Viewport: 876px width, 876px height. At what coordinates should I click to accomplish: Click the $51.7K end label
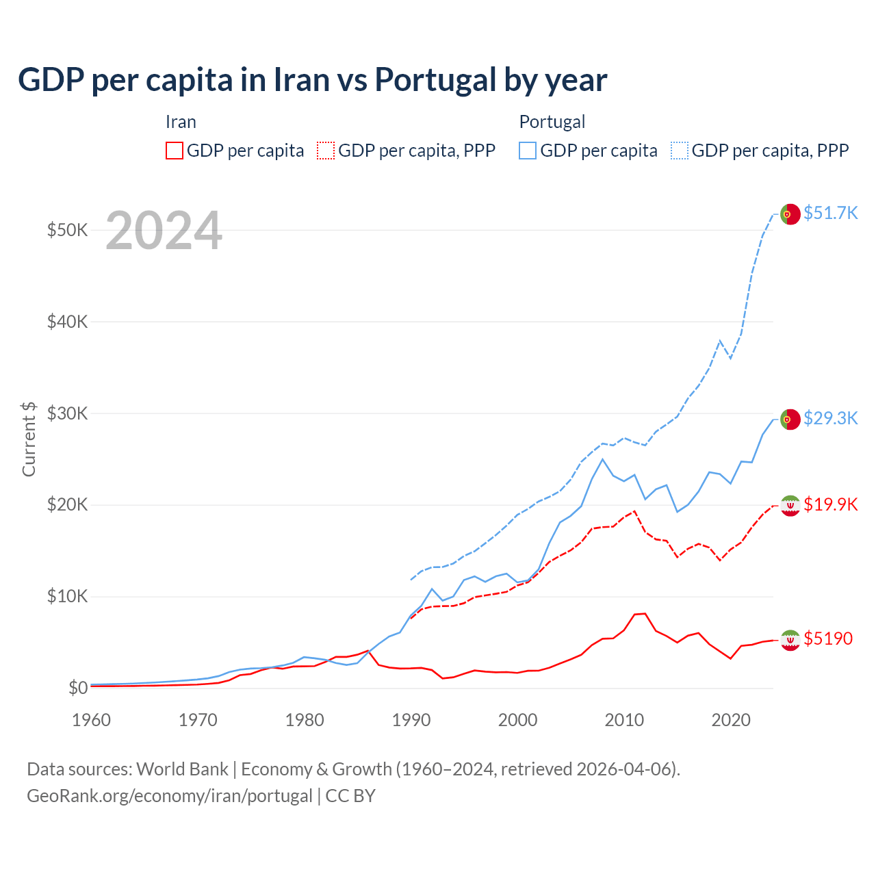click(x=830, y=213)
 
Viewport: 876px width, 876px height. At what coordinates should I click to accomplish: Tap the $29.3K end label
click(x=830, y=418)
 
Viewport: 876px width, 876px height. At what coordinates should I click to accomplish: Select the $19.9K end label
click(x=830, y=504)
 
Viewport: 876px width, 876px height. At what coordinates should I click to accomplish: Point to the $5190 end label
click(x=828, y=639)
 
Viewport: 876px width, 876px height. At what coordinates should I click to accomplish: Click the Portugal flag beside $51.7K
click(x=790, y=214)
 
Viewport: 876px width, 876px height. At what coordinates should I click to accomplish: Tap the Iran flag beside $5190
click(x=790, y=640)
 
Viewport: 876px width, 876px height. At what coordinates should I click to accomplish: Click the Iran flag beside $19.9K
click(x=790, y=505)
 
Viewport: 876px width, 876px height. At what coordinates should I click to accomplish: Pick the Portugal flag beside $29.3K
click(x=790, y=419)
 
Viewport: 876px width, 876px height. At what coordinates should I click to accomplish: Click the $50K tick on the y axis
click(x=67, y=230)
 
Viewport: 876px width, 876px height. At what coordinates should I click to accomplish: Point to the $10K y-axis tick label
click(x=67, y=596)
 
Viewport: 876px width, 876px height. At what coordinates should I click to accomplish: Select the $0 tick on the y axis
click(x=77, y=688)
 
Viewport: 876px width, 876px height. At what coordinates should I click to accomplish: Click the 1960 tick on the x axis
click(x=91, y=720)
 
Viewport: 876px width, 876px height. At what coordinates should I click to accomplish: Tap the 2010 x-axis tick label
click(x=624, y=720)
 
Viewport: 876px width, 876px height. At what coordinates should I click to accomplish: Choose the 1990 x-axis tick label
click(x=411, y=720)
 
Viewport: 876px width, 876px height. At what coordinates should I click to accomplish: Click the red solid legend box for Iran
click(x=175, y=151)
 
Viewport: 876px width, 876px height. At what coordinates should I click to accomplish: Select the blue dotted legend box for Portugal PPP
click(x=680, y=151)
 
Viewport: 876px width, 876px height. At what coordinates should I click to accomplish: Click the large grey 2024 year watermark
click(x=164, y=231)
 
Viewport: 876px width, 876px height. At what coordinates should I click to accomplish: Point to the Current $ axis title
click(x=29, y=439)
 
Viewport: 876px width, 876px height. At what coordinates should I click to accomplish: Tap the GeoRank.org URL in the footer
click(x=169, y=796)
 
